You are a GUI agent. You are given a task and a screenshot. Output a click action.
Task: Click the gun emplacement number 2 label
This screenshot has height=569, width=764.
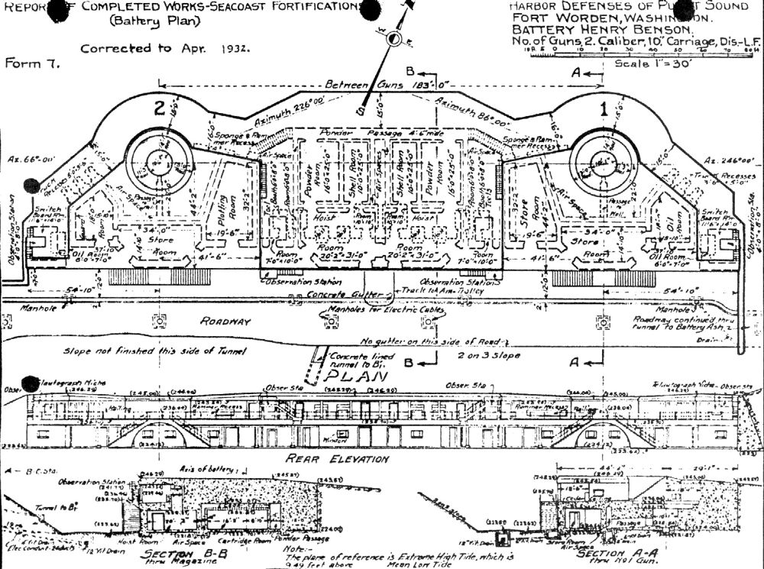tap(159, 109)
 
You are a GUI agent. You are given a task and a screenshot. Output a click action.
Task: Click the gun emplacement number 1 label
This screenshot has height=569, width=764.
tap(604, 110)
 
